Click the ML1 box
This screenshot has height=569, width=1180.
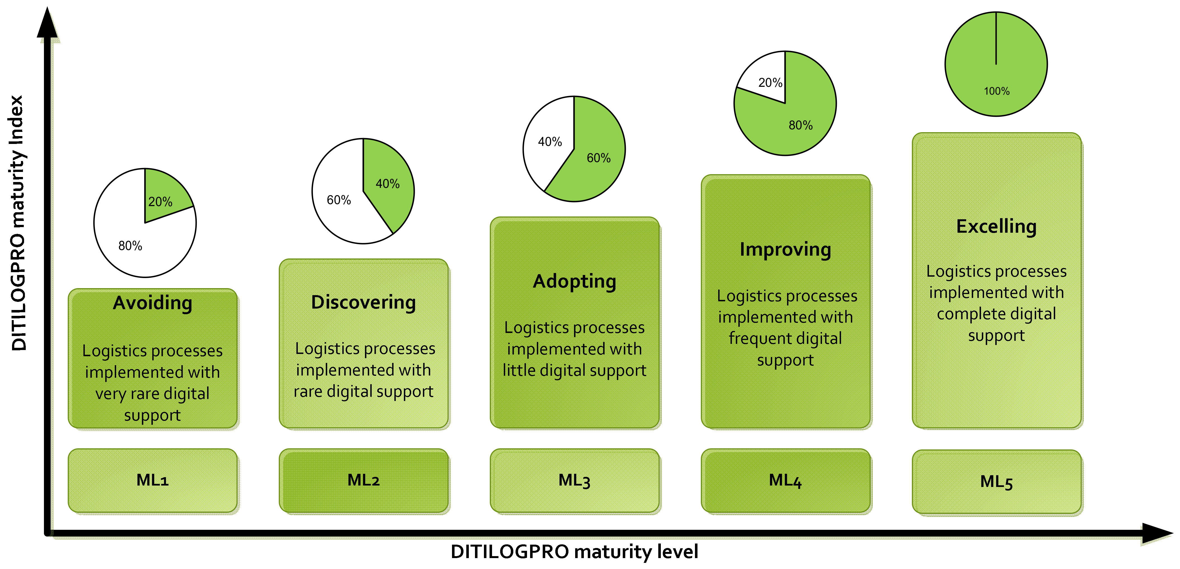pos(153,480)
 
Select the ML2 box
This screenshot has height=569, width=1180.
pos(364,480)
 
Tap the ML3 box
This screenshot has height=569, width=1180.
pos(574,480)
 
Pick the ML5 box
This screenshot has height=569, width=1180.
pos(996,482)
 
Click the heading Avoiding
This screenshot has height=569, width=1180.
pos(153,303)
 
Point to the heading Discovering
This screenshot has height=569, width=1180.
pos(364,302)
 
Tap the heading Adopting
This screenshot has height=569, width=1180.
pos(574,281)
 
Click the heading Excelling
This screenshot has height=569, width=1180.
pos(996,226)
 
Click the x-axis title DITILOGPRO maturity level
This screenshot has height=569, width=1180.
pos(574,552)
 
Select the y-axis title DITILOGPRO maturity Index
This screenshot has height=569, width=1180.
pos(17,223)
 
